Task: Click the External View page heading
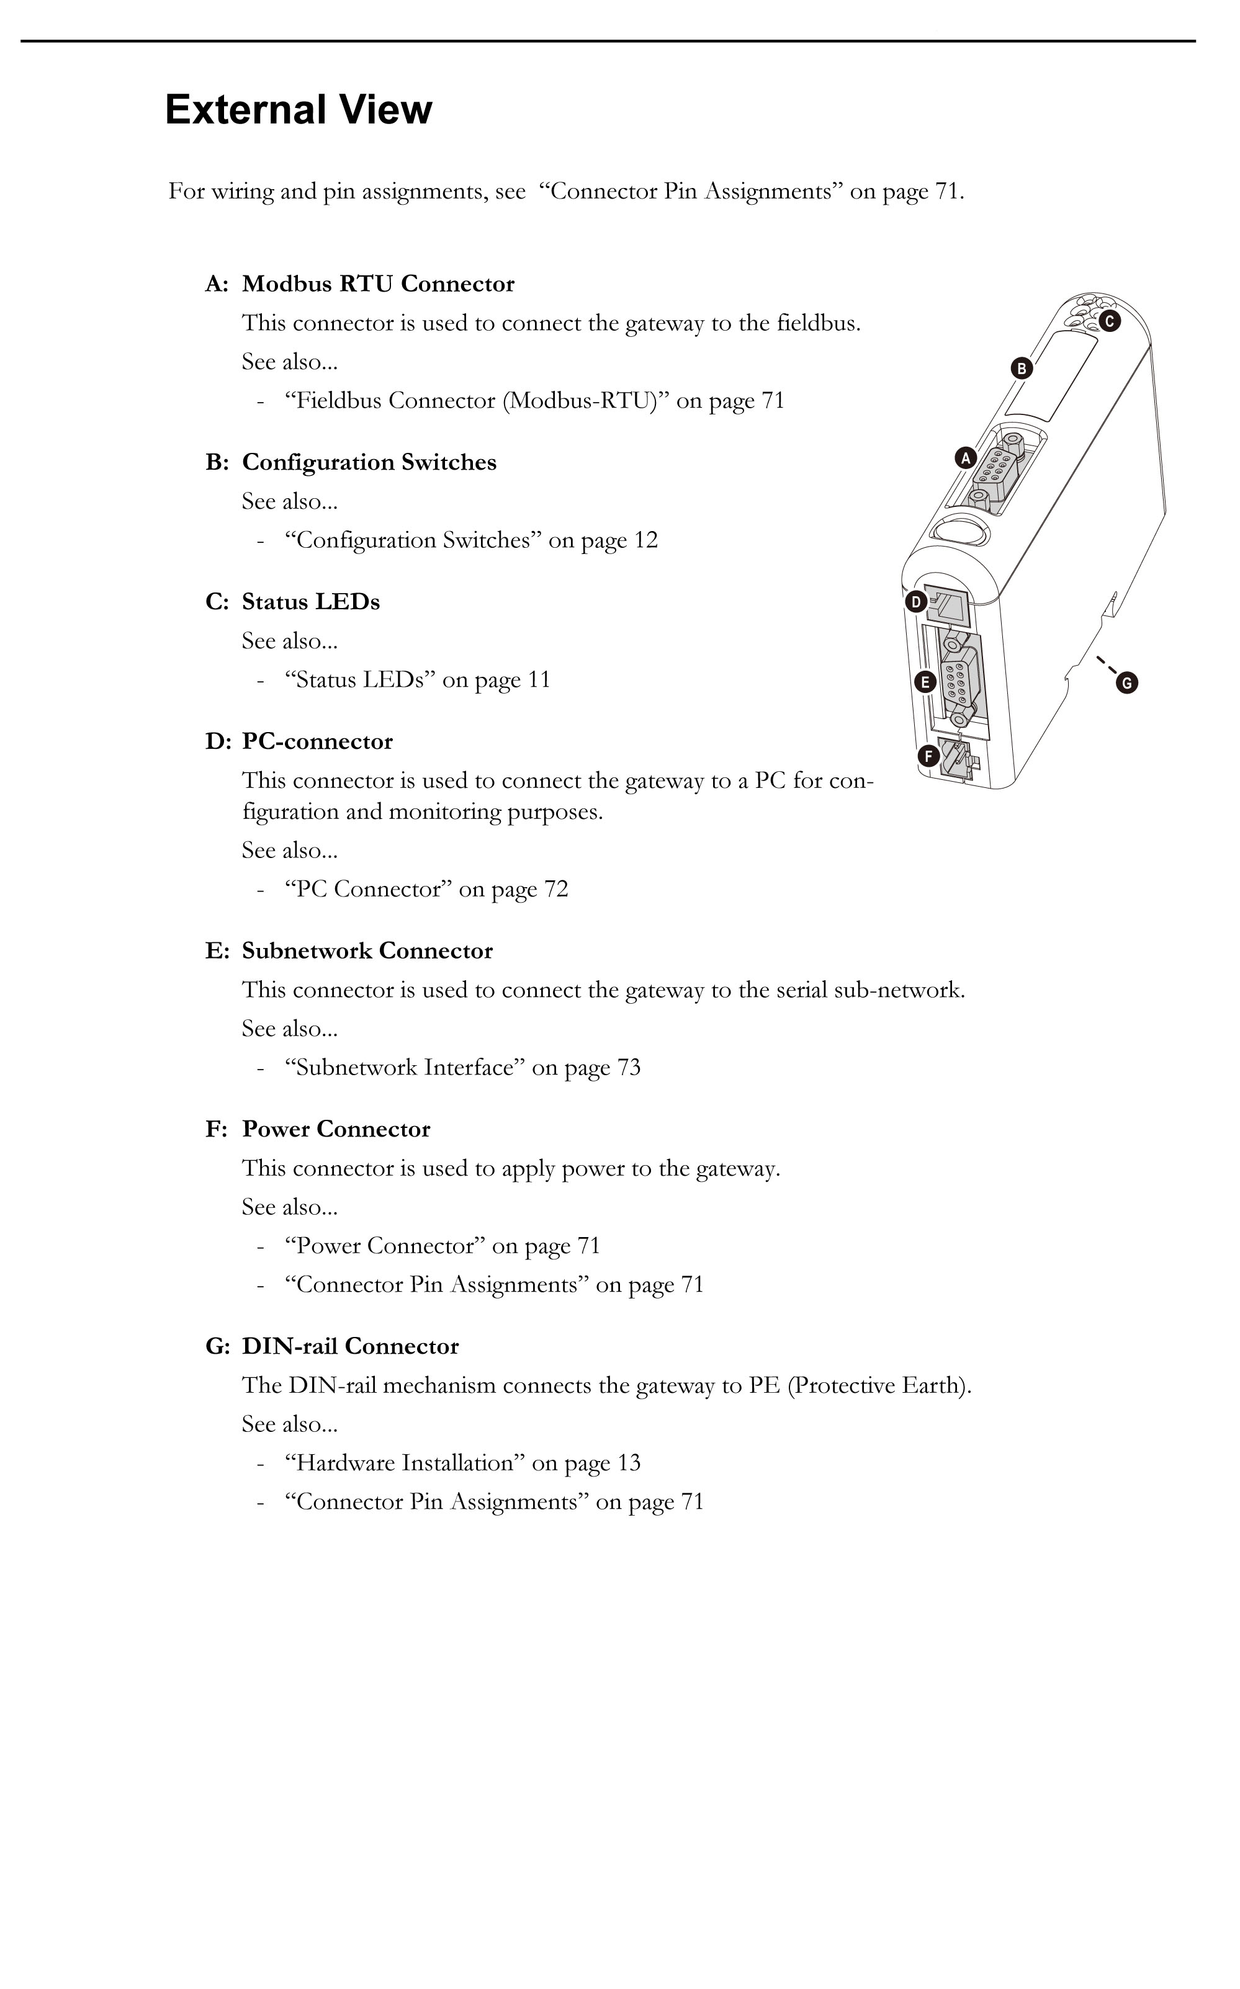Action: [x=299, y=110]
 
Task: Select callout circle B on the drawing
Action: [x=1022, y=368]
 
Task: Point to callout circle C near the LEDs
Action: [x=1109, y=321]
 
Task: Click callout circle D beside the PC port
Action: [x=916, y=602]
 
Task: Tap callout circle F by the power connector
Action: [x=928, y=756]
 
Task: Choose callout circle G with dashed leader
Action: [x=1127, y=682]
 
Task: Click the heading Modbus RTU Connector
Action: [x=378, y=284]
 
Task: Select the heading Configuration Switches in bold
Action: [x=369, y=462]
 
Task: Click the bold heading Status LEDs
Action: [x=311, y=602]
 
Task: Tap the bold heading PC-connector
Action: [x=317, y=742]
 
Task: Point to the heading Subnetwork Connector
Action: [x=367, y=951]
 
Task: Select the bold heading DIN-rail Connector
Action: [x=350, y=1346]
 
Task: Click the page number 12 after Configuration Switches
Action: [x=645, y=540]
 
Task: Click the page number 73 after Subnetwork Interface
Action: [x=628, y=1068]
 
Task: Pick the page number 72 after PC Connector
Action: [x=556, y=890]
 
